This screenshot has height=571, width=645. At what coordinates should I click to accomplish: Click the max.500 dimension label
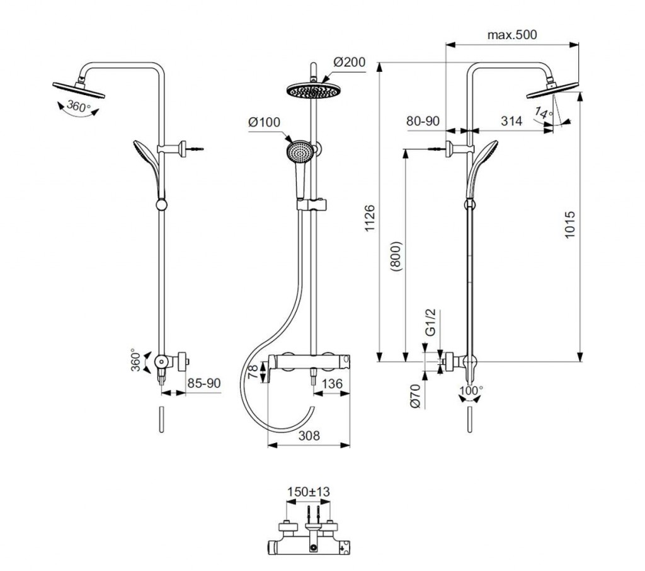[x=512, y=35]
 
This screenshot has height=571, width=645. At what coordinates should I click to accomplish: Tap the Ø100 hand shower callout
[x=264, y=124]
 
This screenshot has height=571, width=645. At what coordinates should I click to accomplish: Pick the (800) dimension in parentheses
[x=396, y=255]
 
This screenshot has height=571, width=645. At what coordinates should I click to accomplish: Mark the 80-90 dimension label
[x=423, y=122]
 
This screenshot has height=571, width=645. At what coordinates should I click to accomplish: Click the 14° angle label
[x=543, y=113]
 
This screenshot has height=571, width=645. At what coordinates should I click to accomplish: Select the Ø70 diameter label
[x=416, y=396]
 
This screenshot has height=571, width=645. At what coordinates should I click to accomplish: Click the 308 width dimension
[x=309, y=435]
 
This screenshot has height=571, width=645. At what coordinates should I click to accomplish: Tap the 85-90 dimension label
[x=204, y=383]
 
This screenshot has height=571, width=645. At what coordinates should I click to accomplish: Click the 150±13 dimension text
[x=309, y=492]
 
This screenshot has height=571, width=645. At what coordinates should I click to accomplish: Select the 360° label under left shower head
[x=79, y=107]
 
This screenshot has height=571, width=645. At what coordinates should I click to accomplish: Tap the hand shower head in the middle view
[x=299, y=151]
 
